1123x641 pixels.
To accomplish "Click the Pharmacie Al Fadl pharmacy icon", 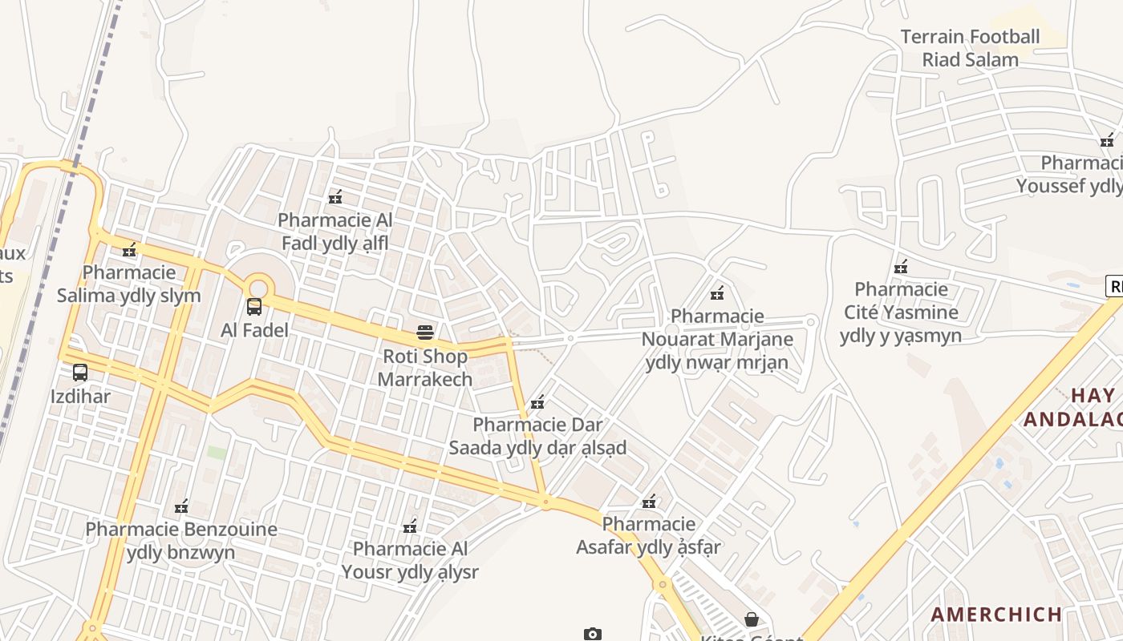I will [x=335, y=196].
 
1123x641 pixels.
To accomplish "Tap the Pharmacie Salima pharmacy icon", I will [x=129, y=249].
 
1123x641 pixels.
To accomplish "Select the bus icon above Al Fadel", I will [x=254, y=306].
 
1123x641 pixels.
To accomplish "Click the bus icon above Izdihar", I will [x=80, y=373].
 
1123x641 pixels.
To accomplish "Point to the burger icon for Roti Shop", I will [x=425, y=333].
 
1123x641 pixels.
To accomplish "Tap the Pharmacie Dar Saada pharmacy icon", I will [x=537, y=401].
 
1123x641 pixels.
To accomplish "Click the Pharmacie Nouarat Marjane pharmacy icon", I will [x=717, y=292].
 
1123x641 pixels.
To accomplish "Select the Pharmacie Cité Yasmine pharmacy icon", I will [x=901, y=266].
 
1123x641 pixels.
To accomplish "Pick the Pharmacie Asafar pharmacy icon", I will [x=649, y=502].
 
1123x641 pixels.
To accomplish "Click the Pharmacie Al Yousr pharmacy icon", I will [x=410, y=526].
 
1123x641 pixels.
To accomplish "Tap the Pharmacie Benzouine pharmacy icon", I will [x=181, y=506].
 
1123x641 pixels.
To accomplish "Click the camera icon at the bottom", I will [x=592, y=634].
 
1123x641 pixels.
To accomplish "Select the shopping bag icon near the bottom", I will [x=752, y=619].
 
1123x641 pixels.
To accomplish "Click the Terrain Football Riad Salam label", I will [x=970, y=48].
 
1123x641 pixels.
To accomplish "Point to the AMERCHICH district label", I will [x=996, y=615].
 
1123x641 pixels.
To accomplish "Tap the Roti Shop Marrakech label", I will [x=425, y=368].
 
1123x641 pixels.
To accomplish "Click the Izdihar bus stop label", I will [x=80, y=397].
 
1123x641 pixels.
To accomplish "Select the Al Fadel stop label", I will [x=254, y=330].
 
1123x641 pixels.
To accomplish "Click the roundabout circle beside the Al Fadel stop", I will [x=257, y=288].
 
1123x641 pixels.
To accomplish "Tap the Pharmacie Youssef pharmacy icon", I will [x=1107, y=141].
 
